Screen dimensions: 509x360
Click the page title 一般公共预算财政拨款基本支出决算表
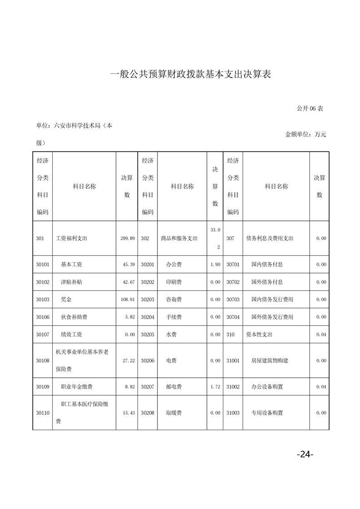[x=191, y=74]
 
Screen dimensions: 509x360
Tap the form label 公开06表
[x=310, y=108]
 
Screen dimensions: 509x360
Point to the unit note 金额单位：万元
[x=306, y=134]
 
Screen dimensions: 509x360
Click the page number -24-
[x=305, y=454]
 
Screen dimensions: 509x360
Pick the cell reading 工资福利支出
[x=71, y=238]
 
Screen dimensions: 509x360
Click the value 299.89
[x=128, y=238]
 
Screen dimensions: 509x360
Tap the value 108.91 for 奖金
[x=127, y=299]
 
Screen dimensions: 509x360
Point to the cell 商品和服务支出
[x=179, y=238]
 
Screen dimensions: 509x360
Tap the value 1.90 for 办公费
[x=215, y=264]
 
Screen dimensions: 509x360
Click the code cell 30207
[x=148, y=387]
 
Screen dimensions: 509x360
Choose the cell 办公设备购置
[x=267, y=387]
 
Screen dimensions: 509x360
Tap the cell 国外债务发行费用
[x=272, y=317]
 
